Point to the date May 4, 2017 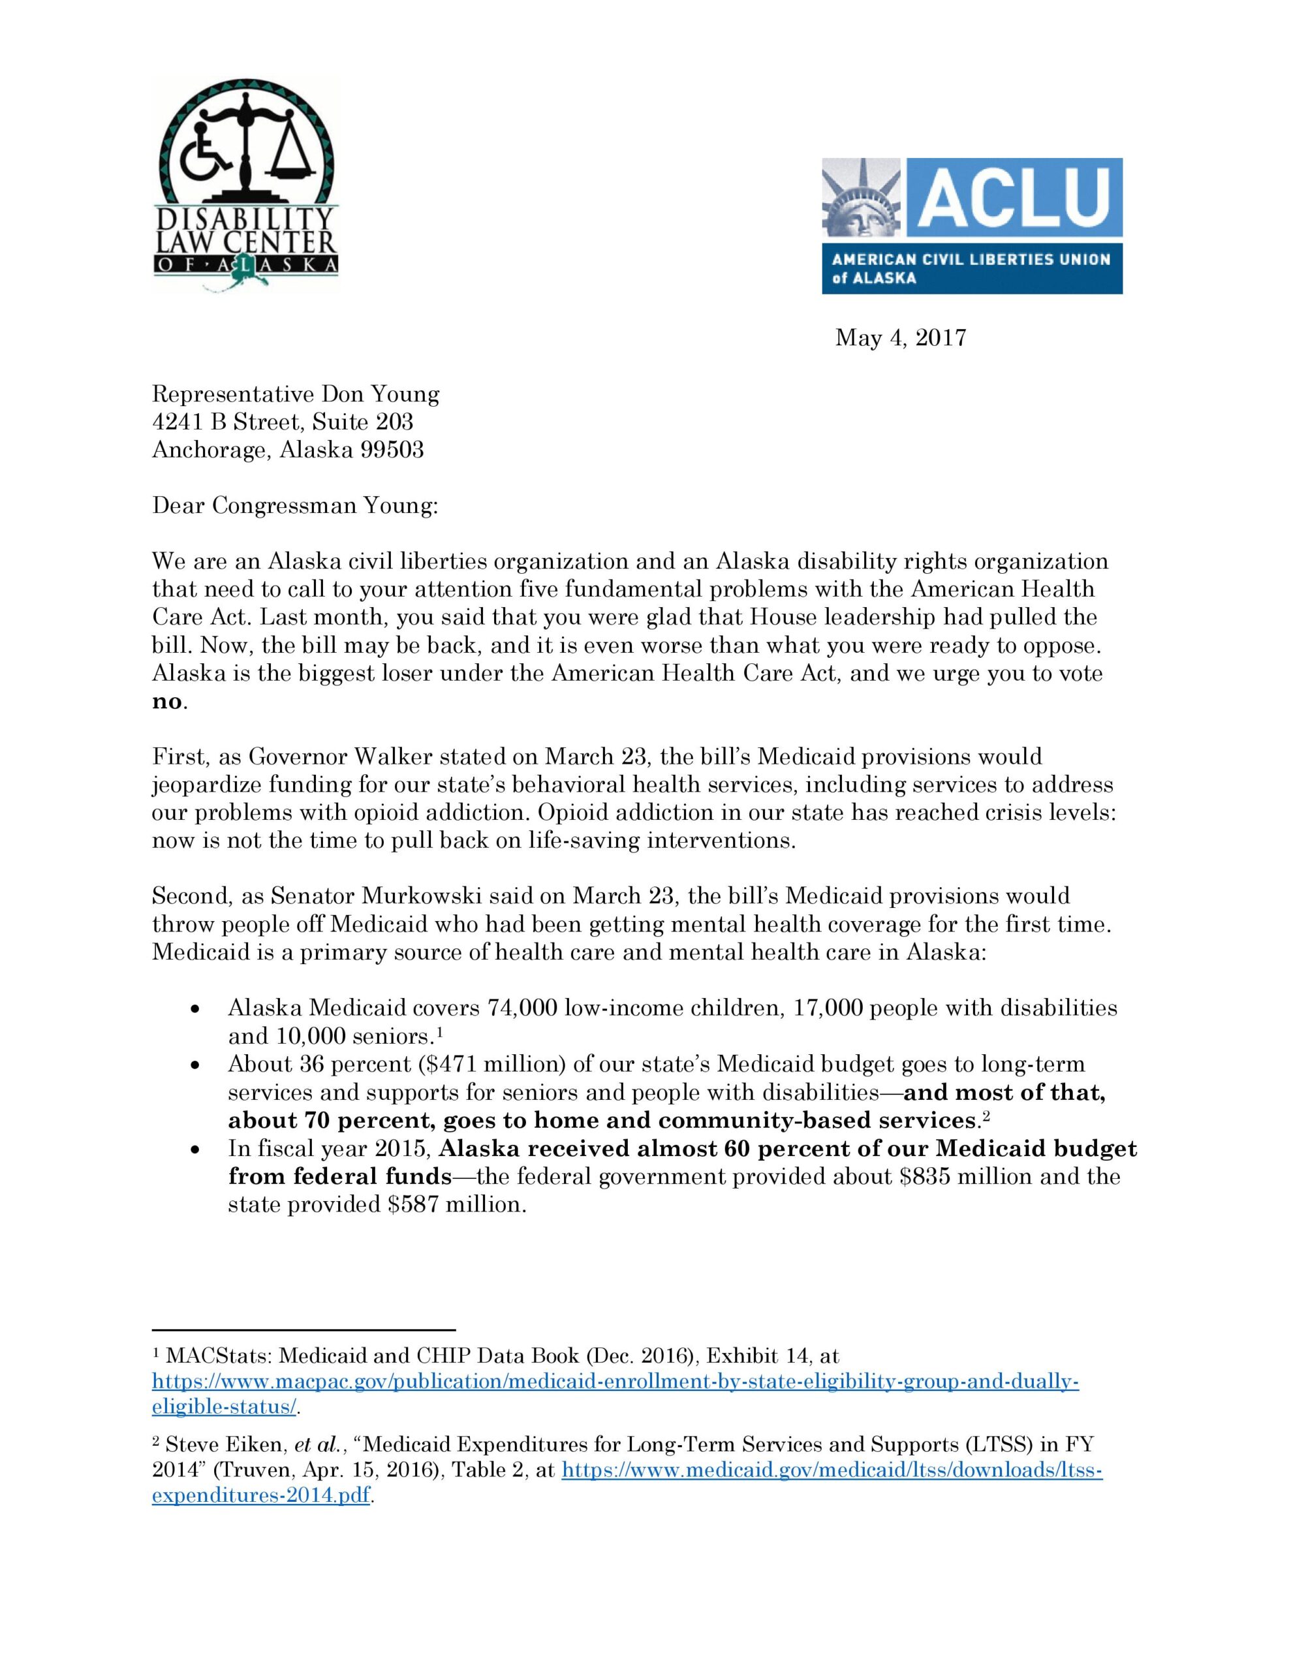coord(900,337)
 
